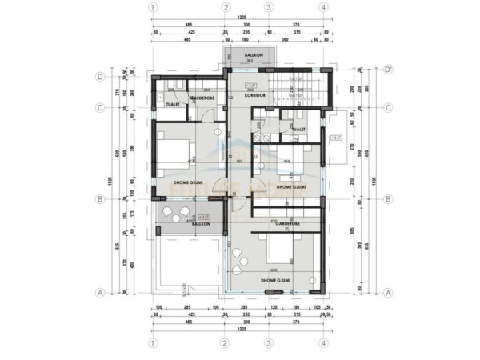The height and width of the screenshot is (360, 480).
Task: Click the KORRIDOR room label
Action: click(254, 94)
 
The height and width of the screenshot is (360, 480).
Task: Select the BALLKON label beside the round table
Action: click(201, 224)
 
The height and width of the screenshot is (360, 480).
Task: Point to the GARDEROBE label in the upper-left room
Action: click(202, 98)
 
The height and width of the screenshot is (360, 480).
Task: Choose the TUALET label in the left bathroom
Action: click(171, 104)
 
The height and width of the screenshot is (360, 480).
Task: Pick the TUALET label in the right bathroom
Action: click(300, 128)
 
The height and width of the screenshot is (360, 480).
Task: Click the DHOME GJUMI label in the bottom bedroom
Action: click(275, 281)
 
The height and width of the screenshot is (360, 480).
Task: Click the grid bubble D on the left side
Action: click(101, 77)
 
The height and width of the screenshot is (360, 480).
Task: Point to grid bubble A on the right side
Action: click(388, 293)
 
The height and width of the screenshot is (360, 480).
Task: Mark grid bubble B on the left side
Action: click(101, 199)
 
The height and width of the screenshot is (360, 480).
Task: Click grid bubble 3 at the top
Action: click(269, 7)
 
